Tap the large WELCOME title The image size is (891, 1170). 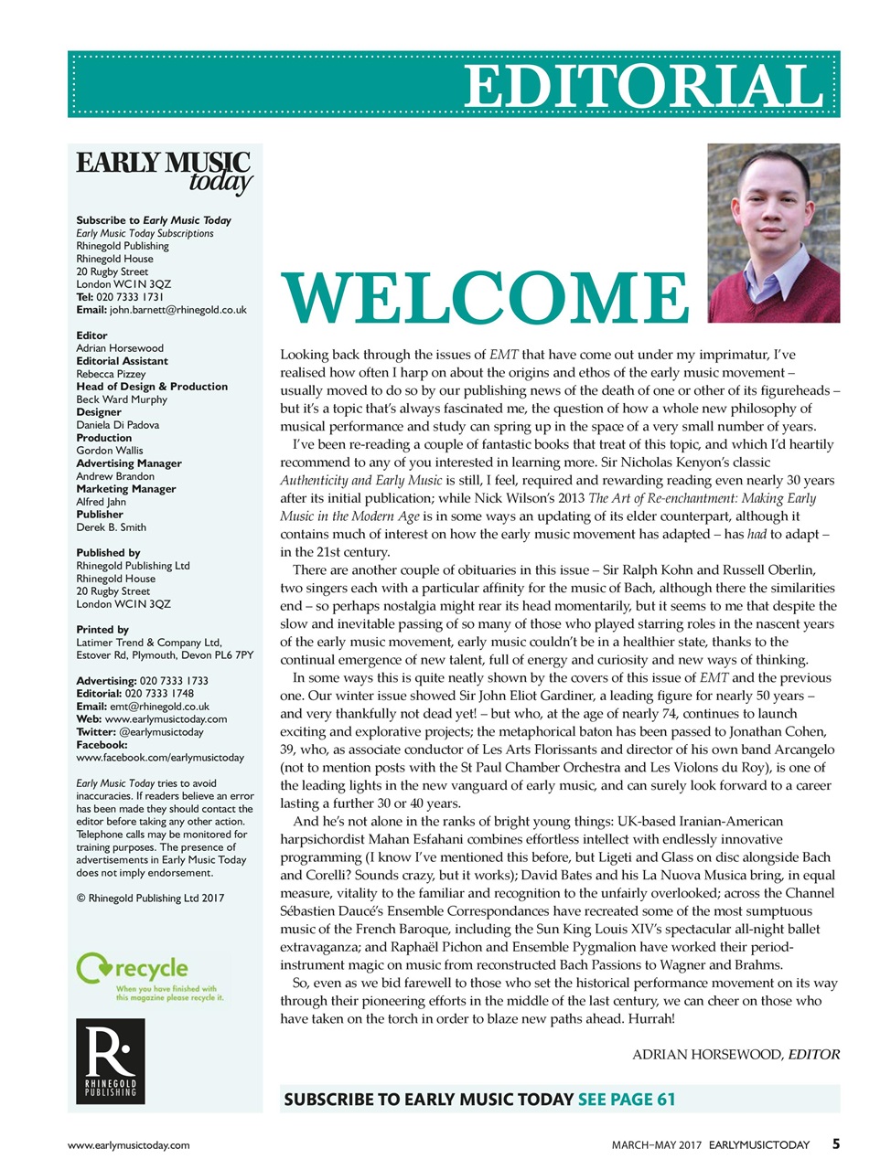tap(485, 297)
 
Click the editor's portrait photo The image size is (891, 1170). tap(773, 232)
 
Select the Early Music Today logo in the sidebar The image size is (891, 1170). tap(164, 171)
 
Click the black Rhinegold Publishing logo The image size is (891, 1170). tap(110, 1060)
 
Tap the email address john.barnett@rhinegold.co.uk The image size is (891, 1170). tap(177, 310)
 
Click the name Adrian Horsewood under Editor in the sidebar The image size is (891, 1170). tap(120, 348)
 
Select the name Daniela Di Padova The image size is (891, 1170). tap(117, 425)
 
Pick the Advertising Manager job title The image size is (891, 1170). tap(128, 463)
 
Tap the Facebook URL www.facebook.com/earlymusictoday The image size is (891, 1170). tap(160, 758)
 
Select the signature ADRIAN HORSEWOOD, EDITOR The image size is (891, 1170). tap(735, 1054)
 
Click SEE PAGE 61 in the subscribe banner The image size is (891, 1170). tap(627, 1099)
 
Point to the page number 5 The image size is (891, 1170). tap(835, 1143)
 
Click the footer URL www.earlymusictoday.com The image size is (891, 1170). tap(128, 1144)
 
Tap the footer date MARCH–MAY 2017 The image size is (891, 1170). tap(656, 1144)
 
